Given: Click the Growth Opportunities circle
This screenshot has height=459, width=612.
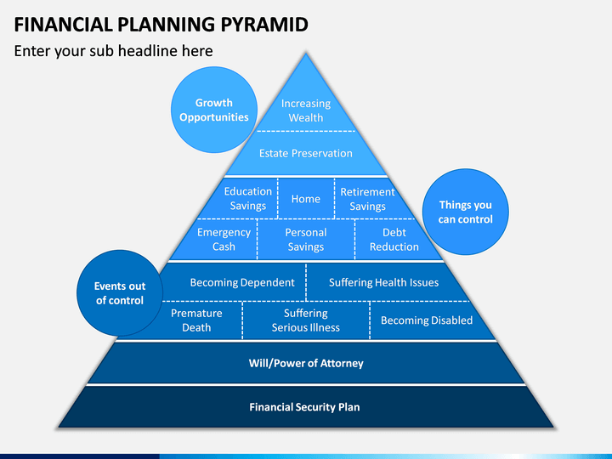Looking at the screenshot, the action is (214, 110).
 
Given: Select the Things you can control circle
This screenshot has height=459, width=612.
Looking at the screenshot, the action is (465, 212).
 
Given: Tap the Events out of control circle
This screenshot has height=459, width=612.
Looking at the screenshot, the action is (120, 293).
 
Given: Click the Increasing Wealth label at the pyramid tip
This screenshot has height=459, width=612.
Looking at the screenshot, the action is (306, 110).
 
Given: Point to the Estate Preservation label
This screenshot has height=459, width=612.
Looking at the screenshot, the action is (306, 153).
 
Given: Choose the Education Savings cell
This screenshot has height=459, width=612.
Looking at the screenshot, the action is (248, 198).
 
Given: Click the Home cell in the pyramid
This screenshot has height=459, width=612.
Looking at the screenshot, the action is (306, 199).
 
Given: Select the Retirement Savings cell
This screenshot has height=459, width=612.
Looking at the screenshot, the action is (367, 199).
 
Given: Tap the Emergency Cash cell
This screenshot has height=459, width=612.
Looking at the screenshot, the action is (224, 239).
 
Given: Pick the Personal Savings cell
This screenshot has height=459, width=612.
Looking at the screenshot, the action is (306, 239).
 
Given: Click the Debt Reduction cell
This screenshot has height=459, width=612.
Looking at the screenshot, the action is (394, 239).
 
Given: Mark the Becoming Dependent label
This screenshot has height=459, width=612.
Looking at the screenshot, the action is (242, 282).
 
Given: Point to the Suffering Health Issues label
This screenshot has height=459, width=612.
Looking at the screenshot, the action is (383, 282).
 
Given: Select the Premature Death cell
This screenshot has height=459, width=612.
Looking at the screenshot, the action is (196, 320).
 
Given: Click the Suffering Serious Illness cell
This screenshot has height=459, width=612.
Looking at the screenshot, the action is (306, 320).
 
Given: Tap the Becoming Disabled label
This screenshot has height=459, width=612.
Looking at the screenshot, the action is (427, 320).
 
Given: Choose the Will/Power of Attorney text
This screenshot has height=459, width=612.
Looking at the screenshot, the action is (306, 363).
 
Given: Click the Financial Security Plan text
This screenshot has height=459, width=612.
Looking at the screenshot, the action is (304, 406).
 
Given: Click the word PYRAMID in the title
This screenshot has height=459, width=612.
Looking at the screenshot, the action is (264, 24).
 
